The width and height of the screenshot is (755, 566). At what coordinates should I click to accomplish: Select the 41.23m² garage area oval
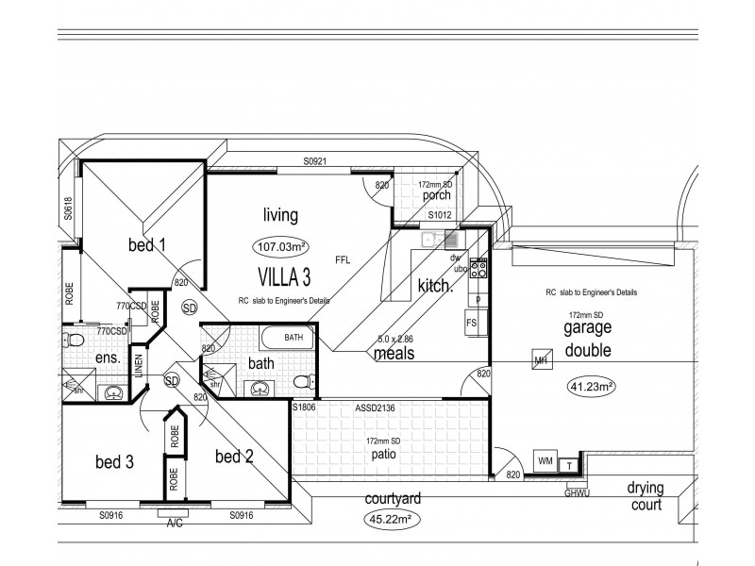click(592, 386)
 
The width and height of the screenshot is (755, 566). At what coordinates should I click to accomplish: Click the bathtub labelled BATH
click(293, 337)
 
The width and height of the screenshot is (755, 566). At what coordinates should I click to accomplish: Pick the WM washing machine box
click(545, 460)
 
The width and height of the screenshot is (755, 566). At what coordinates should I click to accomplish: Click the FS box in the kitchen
click(472, 324)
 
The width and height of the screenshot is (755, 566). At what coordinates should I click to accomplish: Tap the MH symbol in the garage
click(541, 360)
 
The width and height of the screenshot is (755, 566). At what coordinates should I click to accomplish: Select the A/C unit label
click(175, 523)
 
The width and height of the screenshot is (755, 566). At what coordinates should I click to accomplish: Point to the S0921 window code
click(314, 162)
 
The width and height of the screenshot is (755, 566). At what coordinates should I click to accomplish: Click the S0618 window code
click(69, 208)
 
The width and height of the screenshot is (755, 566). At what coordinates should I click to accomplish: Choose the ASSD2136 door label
click(375, 408)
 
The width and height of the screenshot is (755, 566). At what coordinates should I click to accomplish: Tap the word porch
click(436, 196)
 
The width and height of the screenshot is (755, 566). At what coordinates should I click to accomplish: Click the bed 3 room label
click(114, 462)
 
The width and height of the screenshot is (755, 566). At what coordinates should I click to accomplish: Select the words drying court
click(645, 495)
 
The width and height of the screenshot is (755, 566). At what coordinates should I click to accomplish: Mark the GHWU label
click(576, 492)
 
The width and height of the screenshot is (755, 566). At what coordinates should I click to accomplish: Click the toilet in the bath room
click(301, 381)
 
